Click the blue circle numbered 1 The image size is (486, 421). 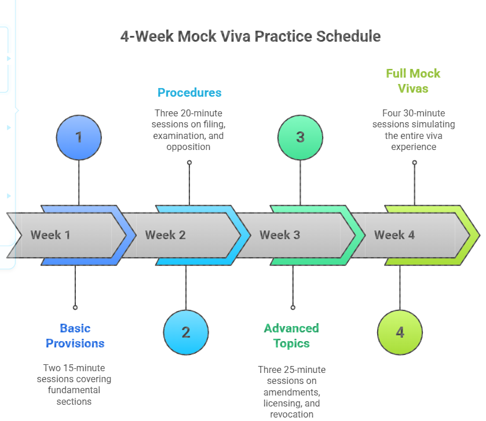tap(79, 137)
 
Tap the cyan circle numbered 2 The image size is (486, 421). tap(186, 332)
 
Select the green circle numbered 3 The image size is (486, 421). tap(300, 137)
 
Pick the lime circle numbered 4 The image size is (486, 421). tap(400, 332)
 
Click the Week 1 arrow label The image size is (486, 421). tap(50, 235)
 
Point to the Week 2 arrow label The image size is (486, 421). tap(165, 235)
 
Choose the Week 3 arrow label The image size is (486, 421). tap(280, 235)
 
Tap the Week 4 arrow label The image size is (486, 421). tap(394, 235)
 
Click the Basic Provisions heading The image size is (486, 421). tap(75, 336)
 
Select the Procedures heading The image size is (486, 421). tap(189, 93)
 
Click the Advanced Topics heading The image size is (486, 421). tap(291, 336)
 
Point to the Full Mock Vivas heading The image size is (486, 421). tap(414, 81)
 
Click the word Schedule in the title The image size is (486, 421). tap(348, 36)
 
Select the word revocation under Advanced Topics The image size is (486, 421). tap(291, 414)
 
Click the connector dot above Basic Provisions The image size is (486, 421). tap(75, 307)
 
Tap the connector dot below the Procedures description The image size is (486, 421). tap(189, 163)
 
